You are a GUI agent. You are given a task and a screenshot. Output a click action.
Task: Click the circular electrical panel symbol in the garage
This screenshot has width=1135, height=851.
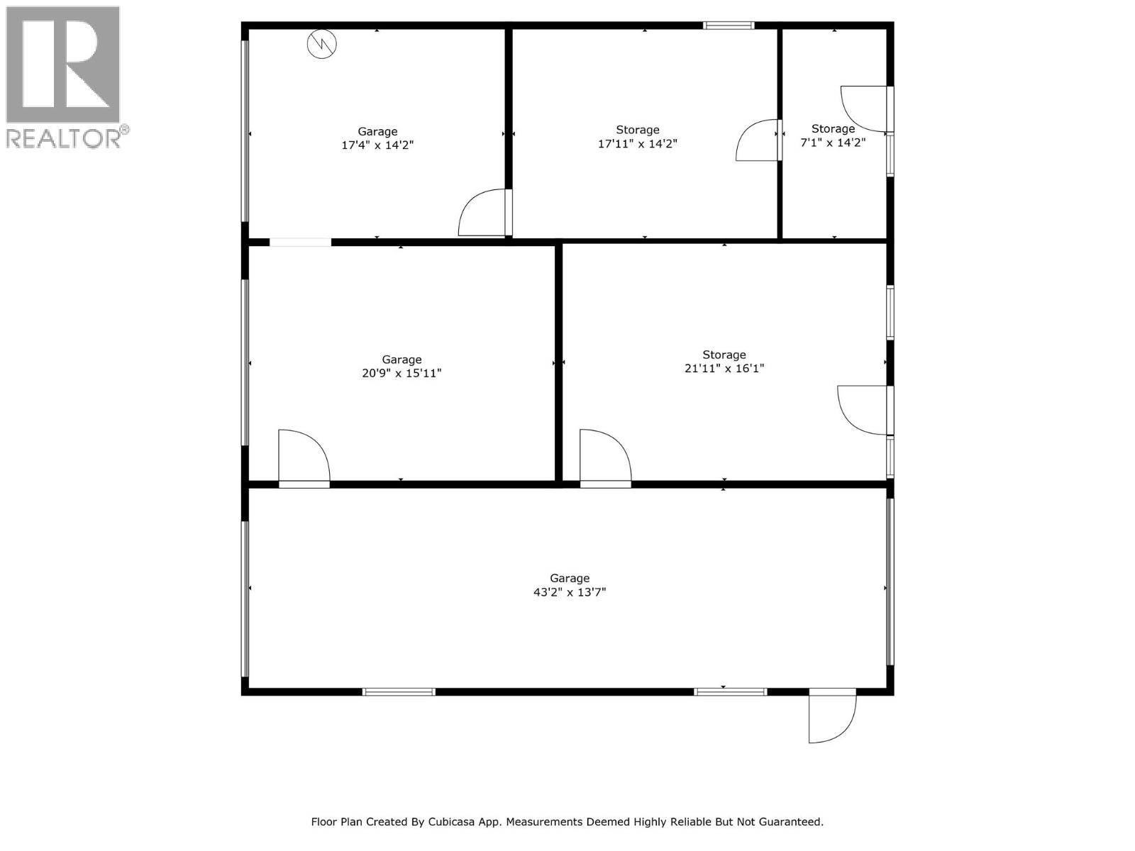(x=321, y=44)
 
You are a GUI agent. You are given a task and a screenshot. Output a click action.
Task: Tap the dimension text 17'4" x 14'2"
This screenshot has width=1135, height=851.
(x=377, y=145)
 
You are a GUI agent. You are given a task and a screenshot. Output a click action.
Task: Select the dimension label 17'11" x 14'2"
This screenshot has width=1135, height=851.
(x=637, y=143)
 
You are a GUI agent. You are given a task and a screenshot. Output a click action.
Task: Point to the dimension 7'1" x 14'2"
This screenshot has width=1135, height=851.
(x=833, y=142)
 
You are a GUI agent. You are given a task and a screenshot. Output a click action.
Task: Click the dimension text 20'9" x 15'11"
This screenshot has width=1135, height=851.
(x=402, y=373)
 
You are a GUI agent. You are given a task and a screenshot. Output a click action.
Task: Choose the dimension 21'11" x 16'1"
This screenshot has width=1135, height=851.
(x=724, y=368)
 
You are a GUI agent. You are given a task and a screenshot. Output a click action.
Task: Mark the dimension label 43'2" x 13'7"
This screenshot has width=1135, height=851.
(x=569, y=592)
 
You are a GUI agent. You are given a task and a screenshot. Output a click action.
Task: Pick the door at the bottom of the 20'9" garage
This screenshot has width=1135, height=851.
(x=303, y=458)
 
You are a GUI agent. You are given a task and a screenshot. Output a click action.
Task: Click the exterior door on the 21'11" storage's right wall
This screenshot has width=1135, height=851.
(x=863, y=410)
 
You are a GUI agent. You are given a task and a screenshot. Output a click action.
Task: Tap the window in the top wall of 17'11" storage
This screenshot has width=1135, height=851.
(x=729, y=26)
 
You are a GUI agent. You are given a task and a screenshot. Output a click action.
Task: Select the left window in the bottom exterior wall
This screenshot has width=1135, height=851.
(x=399, y=691)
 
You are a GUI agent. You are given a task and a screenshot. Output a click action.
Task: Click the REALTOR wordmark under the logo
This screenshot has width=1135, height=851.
(x=64, y=138)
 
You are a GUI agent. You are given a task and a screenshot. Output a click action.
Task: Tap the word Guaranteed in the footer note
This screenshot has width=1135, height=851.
(x=790, y=822)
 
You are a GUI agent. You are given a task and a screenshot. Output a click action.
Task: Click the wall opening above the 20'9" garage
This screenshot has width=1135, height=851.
(x=300, y=242)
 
